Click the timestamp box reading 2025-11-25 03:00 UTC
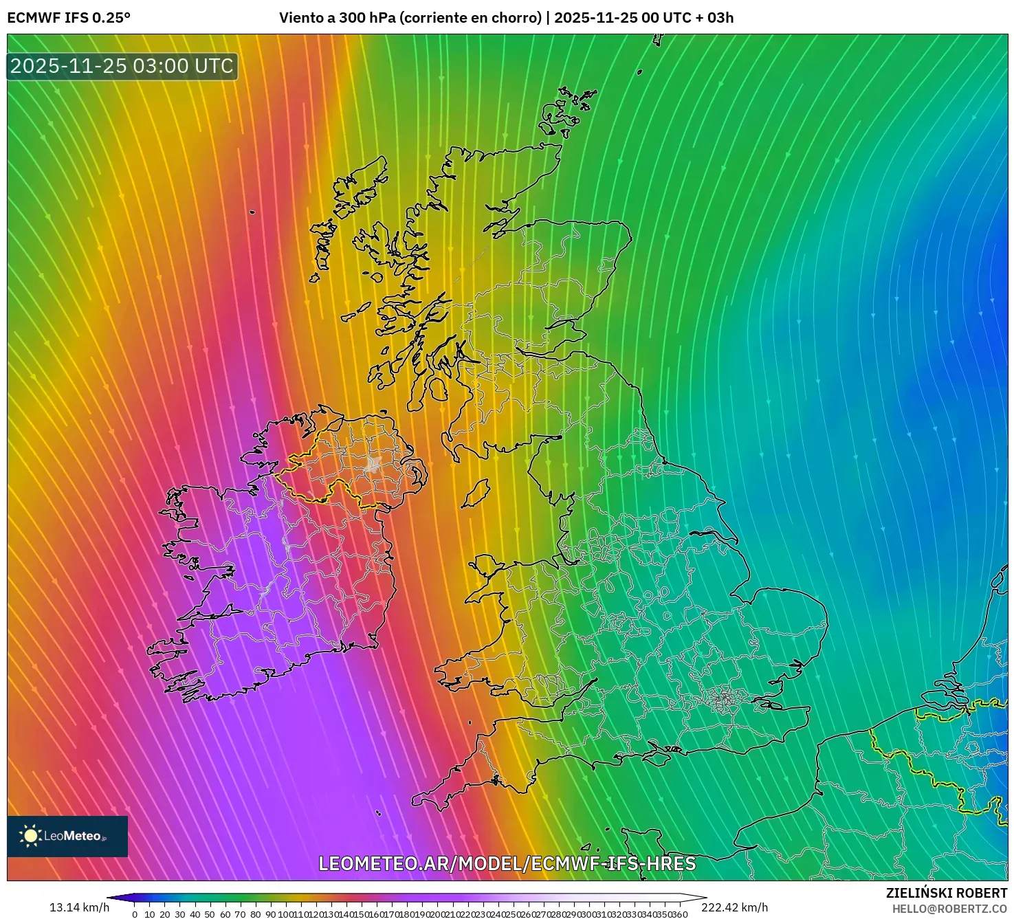122,67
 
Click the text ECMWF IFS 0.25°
69,18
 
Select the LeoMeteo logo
67,836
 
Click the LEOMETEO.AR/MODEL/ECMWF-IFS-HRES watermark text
507,864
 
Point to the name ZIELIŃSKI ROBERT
946,893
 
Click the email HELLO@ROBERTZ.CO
949,909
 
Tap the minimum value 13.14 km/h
79,907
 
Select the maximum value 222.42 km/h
734,907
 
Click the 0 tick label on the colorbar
135,914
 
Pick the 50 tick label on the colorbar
210,914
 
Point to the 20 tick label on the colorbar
165,914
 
